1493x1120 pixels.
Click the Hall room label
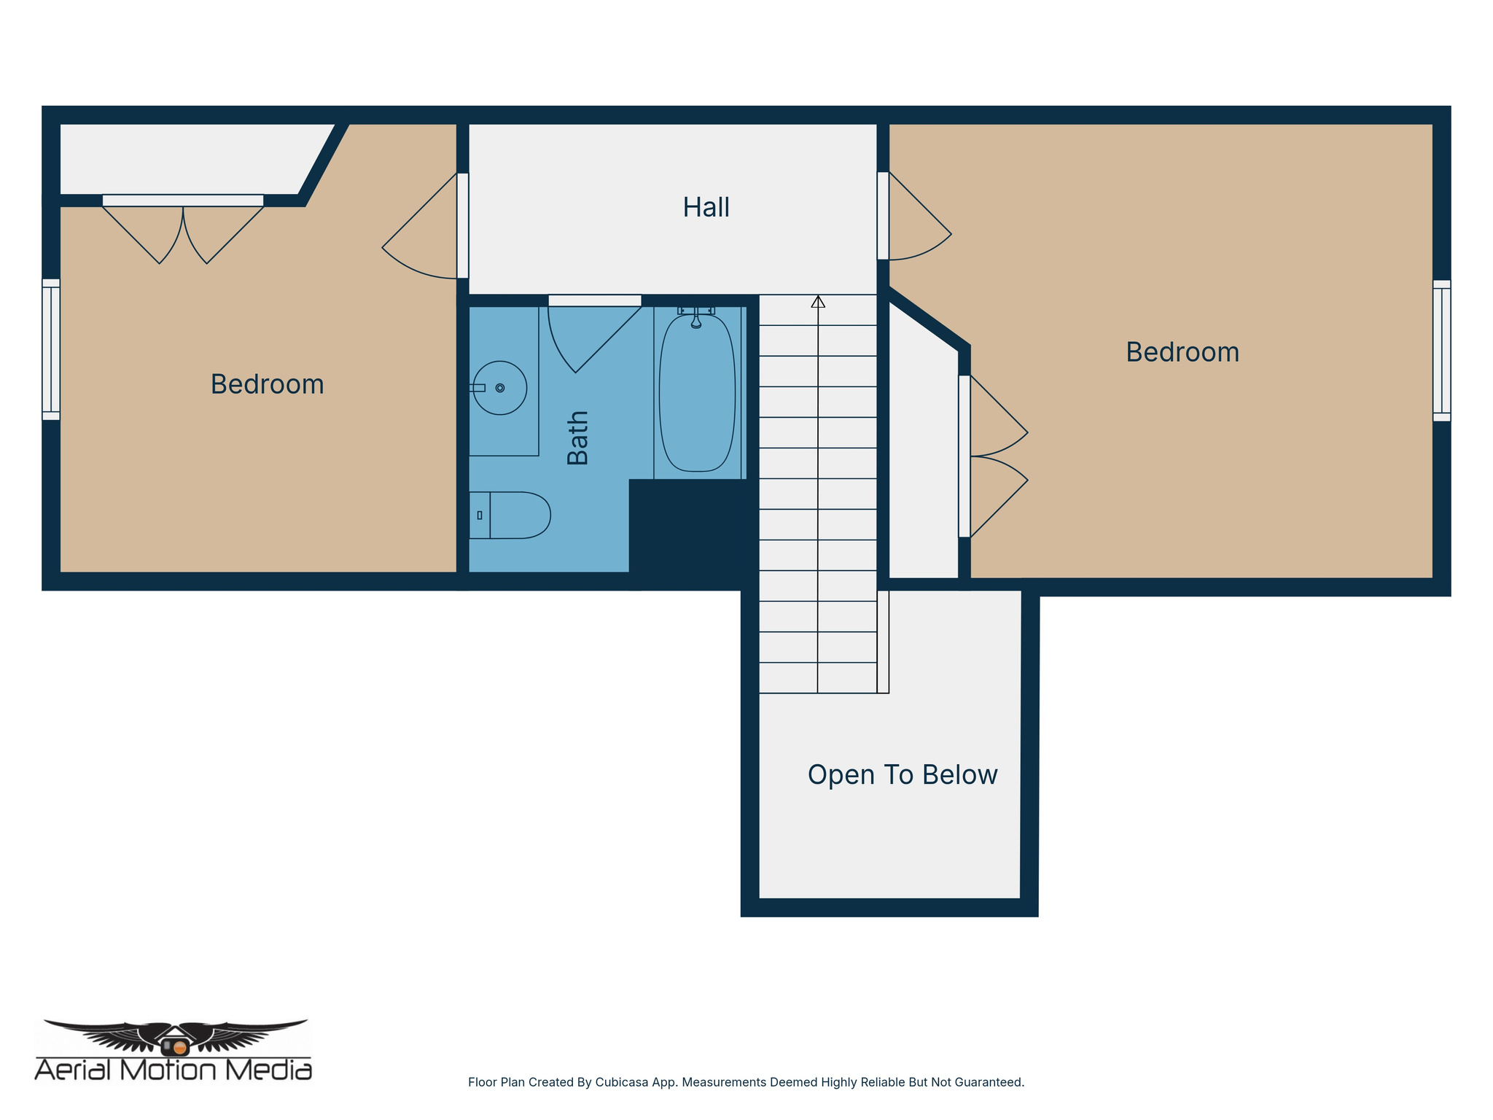706,208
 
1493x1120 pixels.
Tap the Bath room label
578,437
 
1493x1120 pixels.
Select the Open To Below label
902,774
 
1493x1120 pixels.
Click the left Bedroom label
267,384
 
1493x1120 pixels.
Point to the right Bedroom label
1182,352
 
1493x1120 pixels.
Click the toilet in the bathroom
510,515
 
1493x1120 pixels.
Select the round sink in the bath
500,388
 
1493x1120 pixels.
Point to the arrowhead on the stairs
818,301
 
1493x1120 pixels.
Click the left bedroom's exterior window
51,349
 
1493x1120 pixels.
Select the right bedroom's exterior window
1441,351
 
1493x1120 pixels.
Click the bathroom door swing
587,335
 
